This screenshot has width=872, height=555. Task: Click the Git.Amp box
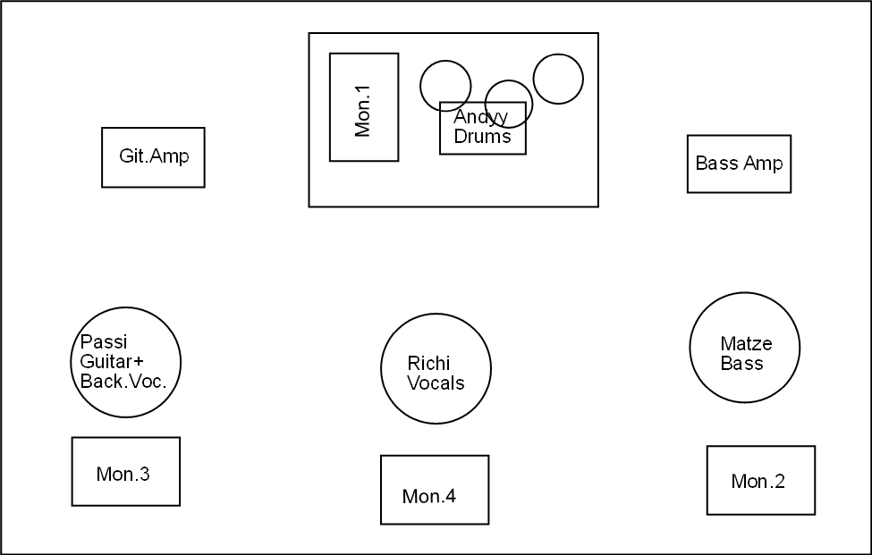click(153, 157)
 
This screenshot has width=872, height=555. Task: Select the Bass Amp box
click(739, 164)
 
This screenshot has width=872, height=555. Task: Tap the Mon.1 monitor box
click(364, 107)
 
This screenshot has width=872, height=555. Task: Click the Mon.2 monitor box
click(761, 480)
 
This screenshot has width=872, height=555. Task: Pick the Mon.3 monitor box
click(126, 472)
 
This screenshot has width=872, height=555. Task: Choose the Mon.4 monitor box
click(435, 490)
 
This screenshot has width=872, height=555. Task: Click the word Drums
click(482, 136)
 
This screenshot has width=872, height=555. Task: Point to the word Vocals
click(436, 383)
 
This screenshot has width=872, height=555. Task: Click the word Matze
click(746, 344)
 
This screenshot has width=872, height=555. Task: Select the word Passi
click(104, 341)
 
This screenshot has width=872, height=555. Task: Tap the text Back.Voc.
click(123, 381)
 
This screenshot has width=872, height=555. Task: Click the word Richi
click(428, 364)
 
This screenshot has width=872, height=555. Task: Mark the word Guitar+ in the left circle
click(113, 361)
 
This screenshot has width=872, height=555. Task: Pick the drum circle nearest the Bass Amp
click(558, 79)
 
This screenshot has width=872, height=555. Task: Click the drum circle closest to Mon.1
click(445, 86)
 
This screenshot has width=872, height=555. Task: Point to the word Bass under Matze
click(741, 364)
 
